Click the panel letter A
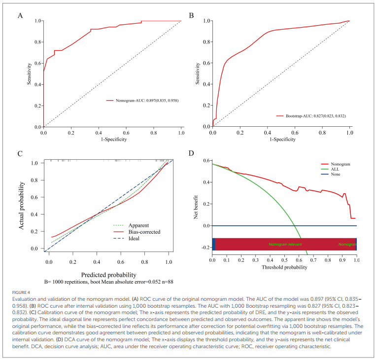20,15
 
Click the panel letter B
191,15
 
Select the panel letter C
20,153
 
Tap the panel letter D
191,153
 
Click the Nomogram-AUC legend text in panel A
146,100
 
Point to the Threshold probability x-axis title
285,267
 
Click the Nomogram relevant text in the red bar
285,244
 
